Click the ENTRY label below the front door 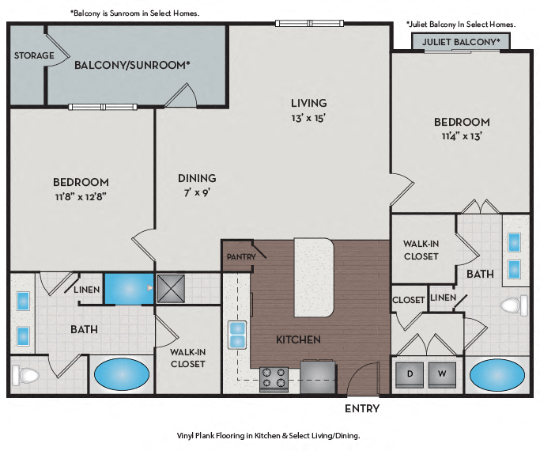click(362, 409)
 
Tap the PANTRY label click(240, 257)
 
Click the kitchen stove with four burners click(274, 377)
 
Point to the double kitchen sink click(236, 335)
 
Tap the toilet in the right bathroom click(513, 305)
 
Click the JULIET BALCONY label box click(460, 42)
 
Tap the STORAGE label click(34, 55)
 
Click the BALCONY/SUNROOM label click(132, 65)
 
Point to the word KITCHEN click(298, 339)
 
